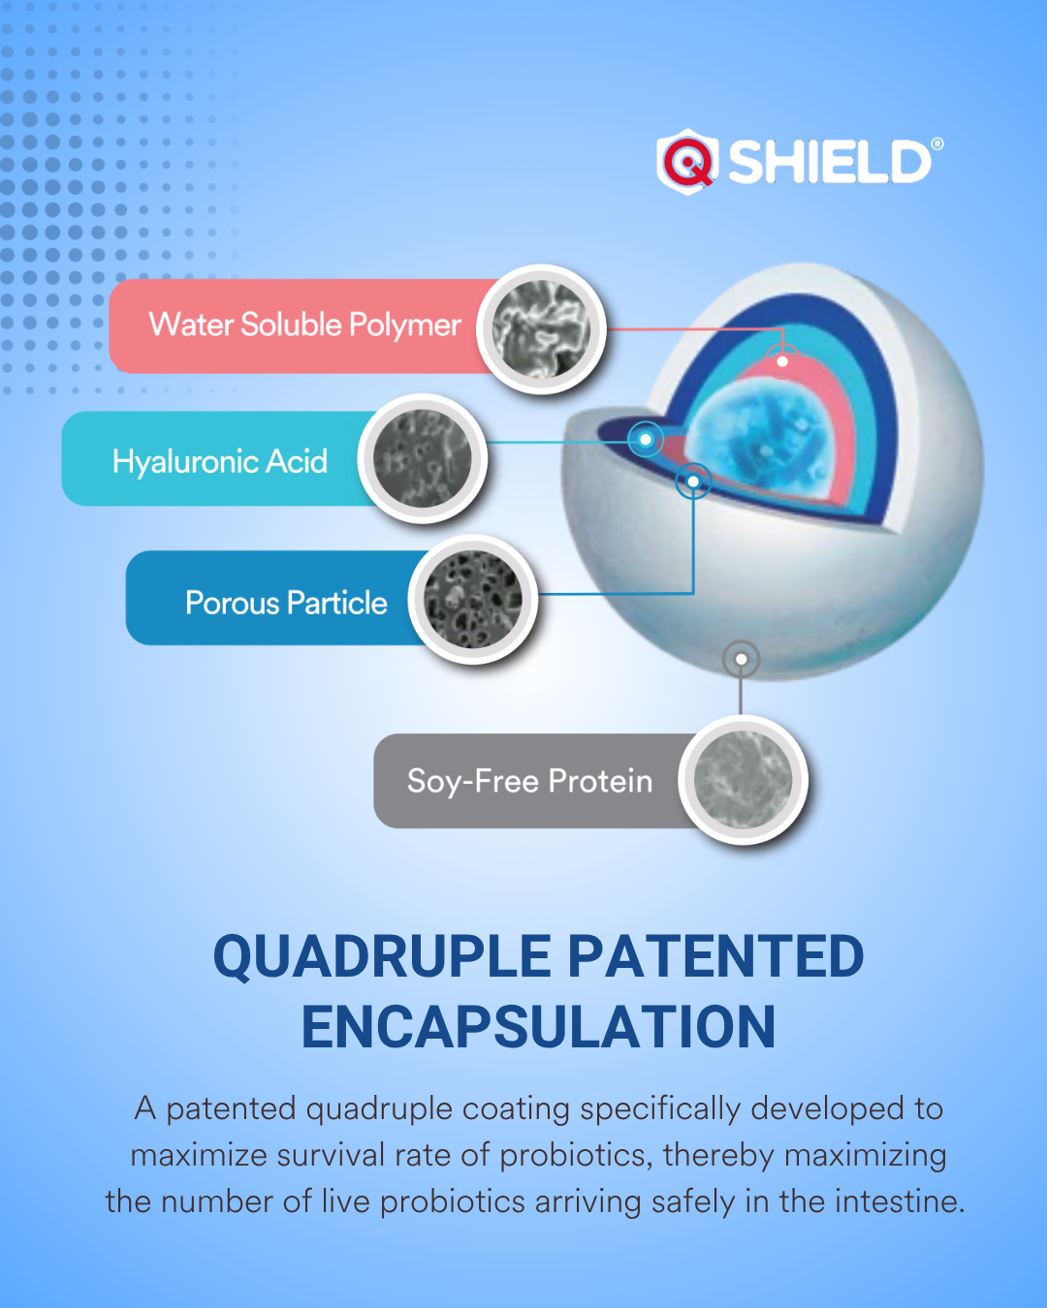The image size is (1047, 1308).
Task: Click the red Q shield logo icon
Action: (x=687, y=162)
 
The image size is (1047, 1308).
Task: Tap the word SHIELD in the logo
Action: (x=830, y=162)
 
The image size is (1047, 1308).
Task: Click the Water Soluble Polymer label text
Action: (x=304, y=326)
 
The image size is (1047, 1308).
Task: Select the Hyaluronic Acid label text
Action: (x=220, y=462)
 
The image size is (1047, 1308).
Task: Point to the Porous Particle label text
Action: (x=286, y=603)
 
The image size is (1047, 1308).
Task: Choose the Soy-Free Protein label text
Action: (x=529, y=782)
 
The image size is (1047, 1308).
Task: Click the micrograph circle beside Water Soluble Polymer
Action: (x=541, y=329)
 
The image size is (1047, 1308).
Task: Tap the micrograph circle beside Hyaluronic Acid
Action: (x=423, y=459)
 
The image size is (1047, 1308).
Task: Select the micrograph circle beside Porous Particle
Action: (x=473, y=600)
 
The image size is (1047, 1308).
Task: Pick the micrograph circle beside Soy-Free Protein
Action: (x=743, y=780)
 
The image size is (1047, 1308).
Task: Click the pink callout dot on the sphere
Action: (x=782, y=361)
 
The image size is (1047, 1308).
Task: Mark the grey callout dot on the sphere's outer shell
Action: (x=741, y=659)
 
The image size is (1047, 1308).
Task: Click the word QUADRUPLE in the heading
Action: (x=382, y=957)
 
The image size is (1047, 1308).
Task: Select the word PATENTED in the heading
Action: (x=715, y=956)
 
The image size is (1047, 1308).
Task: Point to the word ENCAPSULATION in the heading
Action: (x=538, y=1027)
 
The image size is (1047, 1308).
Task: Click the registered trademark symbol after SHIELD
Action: (x=937, y=144)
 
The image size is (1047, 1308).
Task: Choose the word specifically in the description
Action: (x=660, y=1109)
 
